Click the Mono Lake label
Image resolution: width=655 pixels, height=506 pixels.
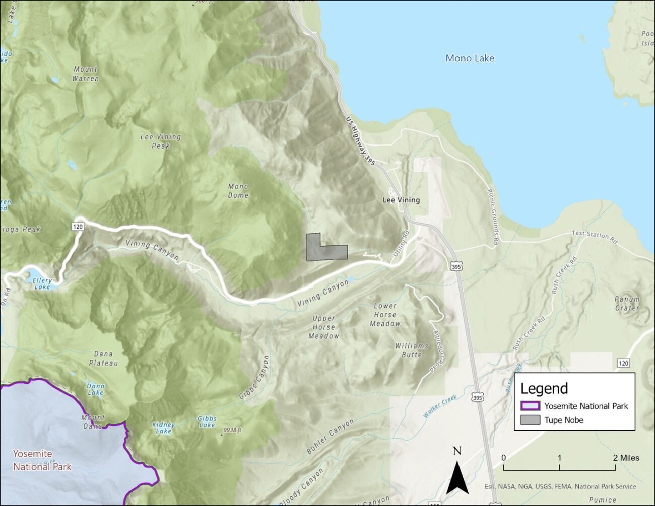coord(470,58)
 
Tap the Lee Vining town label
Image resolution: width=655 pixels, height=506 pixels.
coord(401,200)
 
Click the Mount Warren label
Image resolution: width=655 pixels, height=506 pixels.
coord(86,74)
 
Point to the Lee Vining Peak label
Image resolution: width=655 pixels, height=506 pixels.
coord(161,141)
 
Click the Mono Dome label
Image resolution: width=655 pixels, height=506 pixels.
coord(238,191)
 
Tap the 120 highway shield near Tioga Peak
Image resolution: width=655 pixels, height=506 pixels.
coord(78,227)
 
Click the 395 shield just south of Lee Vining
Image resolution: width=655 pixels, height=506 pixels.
coord(456,267)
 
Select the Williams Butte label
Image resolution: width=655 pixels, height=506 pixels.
coord(412,350)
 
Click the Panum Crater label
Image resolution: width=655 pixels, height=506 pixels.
coord(627,303)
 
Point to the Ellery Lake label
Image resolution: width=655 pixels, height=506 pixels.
coord(42,283)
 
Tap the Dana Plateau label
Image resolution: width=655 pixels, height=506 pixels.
coord(104,358)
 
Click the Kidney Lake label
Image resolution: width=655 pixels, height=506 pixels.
coord(163,428)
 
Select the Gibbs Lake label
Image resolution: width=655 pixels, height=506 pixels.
coord(207,421)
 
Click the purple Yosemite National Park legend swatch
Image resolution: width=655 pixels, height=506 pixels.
coord(530,406)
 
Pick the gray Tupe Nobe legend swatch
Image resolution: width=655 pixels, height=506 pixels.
coord(530,420)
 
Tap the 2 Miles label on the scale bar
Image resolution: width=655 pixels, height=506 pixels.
coord(626,458)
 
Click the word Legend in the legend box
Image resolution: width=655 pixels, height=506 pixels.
coord(544,389)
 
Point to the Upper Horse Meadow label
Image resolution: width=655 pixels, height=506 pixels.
coord(323,327)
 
